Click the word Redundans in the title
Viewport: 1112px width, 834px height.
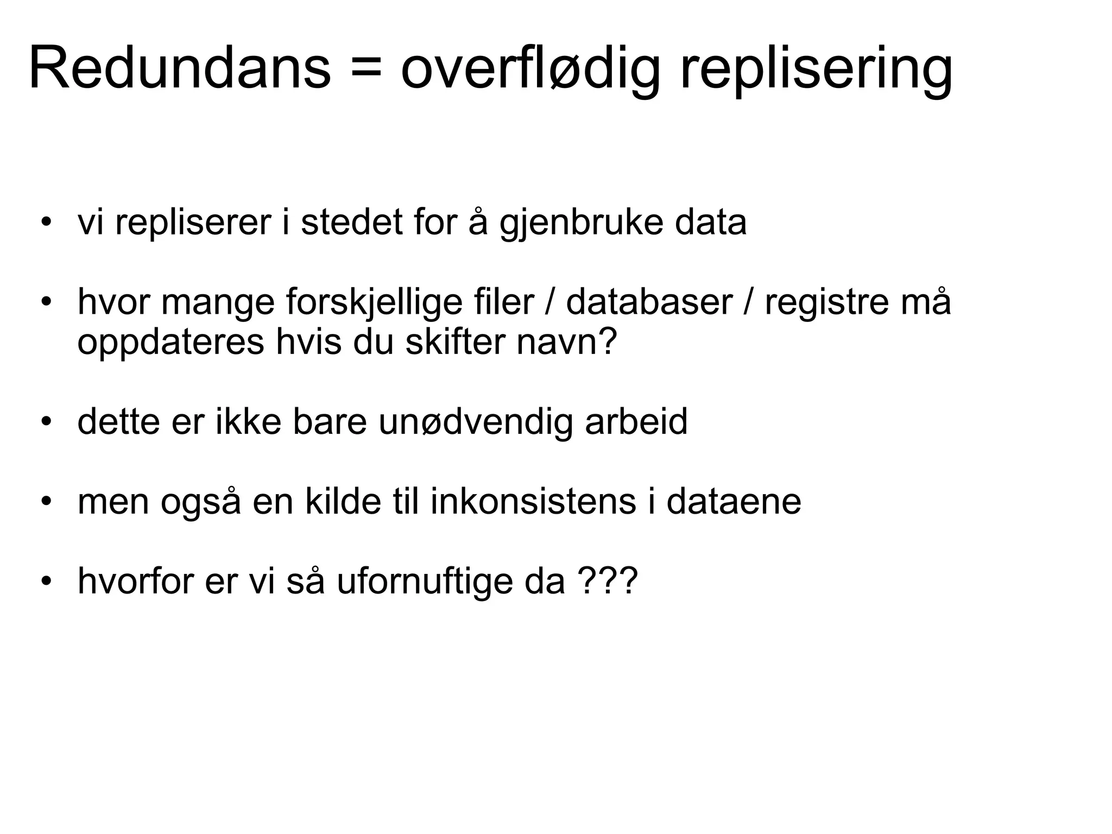tap(179, 69)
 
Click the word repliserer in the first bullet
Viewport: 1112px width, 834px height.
tap(193, 223)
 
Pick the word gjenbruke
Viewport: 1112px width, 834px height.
tap(581, 223)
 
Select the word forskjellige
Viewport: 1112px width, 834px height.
tap(402, 302)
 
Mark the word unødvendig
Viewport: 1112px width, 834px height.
tap(476, 422)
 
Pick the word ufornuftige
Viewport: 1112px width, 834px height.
tap(424, 582)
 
